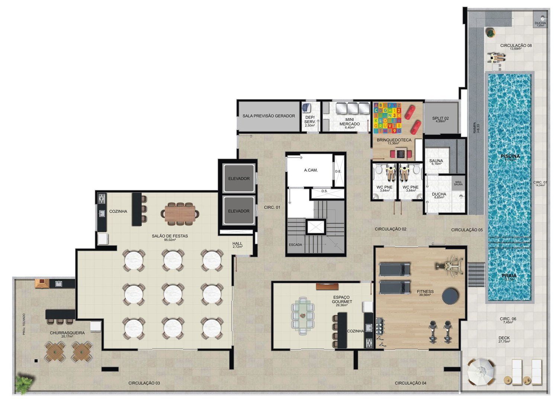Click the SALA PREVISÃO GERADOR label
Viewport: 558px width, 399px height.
[269, 116]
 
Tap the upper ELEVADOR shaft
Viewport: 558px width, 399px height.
[238, 179]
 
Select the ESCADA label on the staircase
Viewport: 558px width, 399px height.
[295, 245]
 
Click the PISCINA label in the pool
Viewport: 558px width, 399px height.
[510, 156]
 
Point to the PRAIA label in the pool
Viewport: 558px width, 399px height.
[509, 276]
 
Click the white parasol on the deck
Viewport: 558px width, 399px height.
[481, 371]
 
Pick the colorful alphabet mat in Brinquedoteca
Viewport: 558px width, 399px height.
[388, 118]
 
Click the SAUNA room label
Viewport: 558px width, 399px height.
[436, 161]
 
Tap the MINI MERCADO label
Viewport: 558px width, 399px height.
[349, 122]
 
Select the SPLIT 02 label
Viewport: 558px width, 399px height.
[440, 119]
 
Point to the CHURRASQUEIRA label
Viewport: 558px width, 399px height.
[67, 333]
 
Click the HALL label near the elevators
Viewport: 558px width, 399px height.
[237, 244]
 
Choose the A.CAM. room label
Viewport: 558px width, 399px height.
[311, 170]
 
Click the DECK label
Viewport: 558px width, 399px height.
[504, 338]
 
